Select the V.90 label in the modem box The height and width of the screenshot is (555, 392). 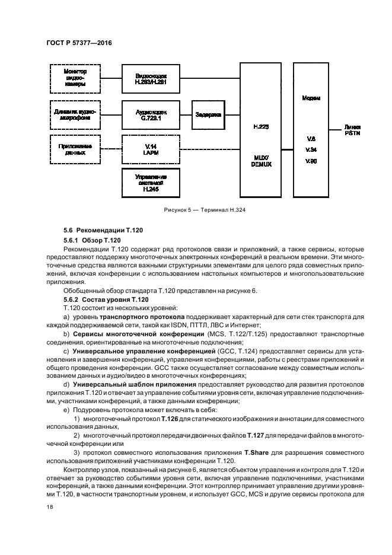pos(310,161)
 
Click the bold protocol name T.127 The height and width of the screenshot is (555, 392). pos(256,435)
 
